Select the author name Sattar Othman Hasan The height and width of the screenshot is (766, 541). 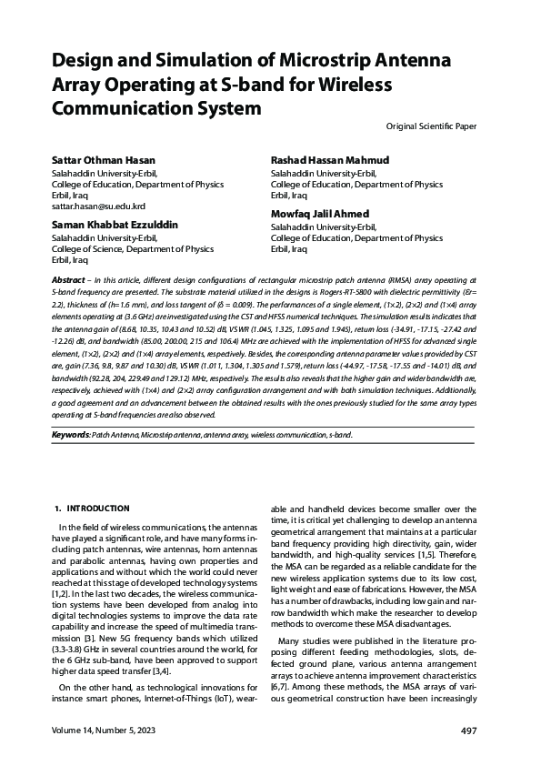tap(104, 160)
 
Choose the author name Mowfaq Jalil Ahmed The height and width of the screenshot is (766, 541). tap(319, 214)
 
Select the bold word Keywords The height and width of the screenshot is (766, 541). tap(70, 435)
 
